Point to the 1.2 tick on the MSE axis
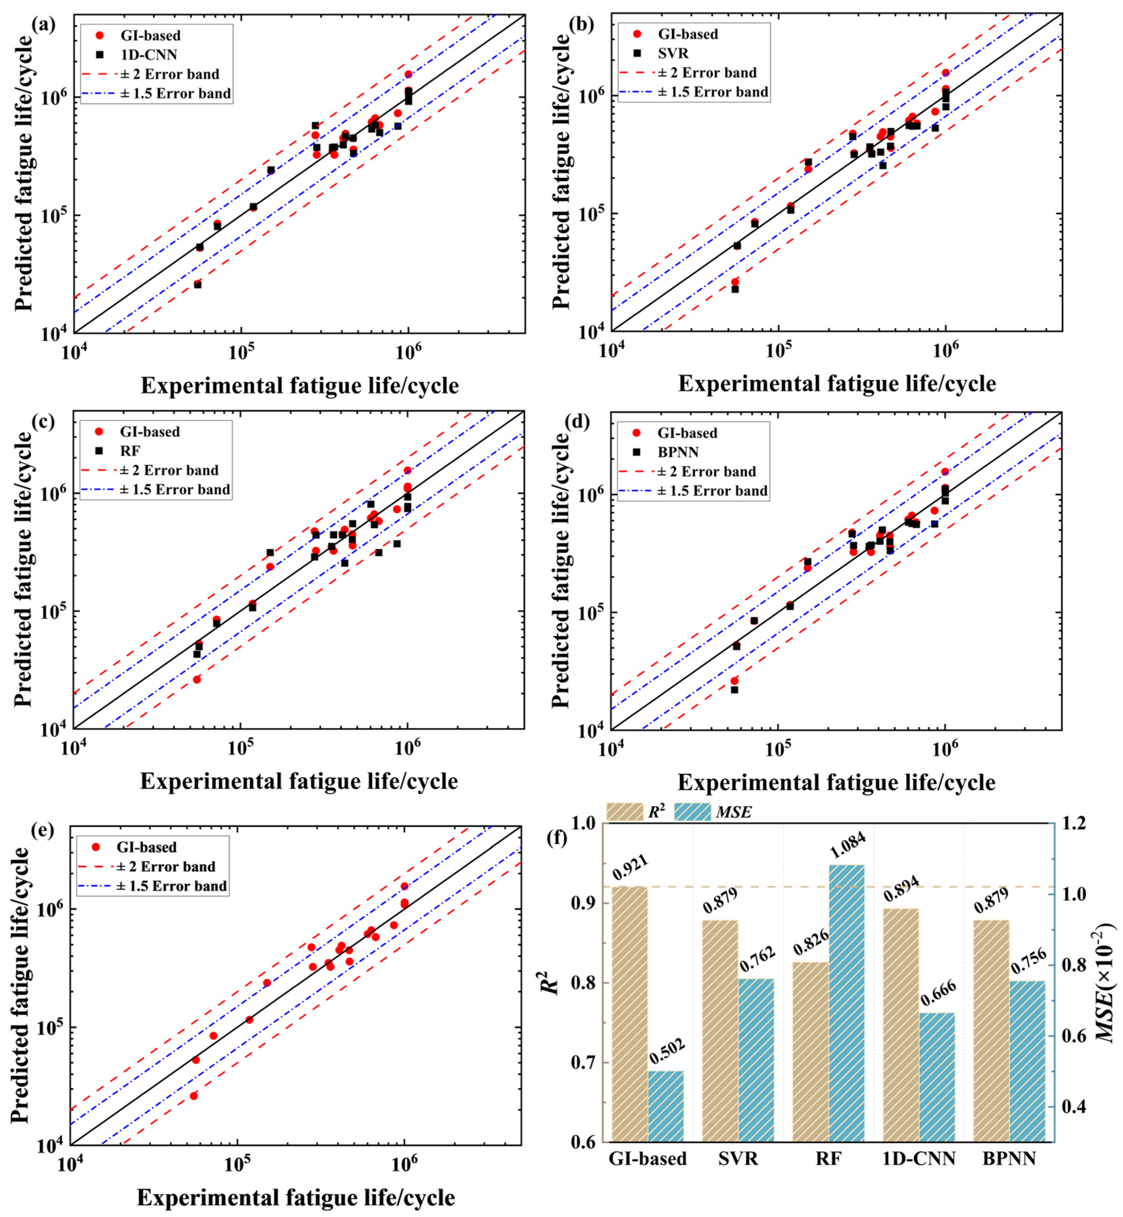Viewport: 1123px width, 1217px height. (1078, 823)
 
